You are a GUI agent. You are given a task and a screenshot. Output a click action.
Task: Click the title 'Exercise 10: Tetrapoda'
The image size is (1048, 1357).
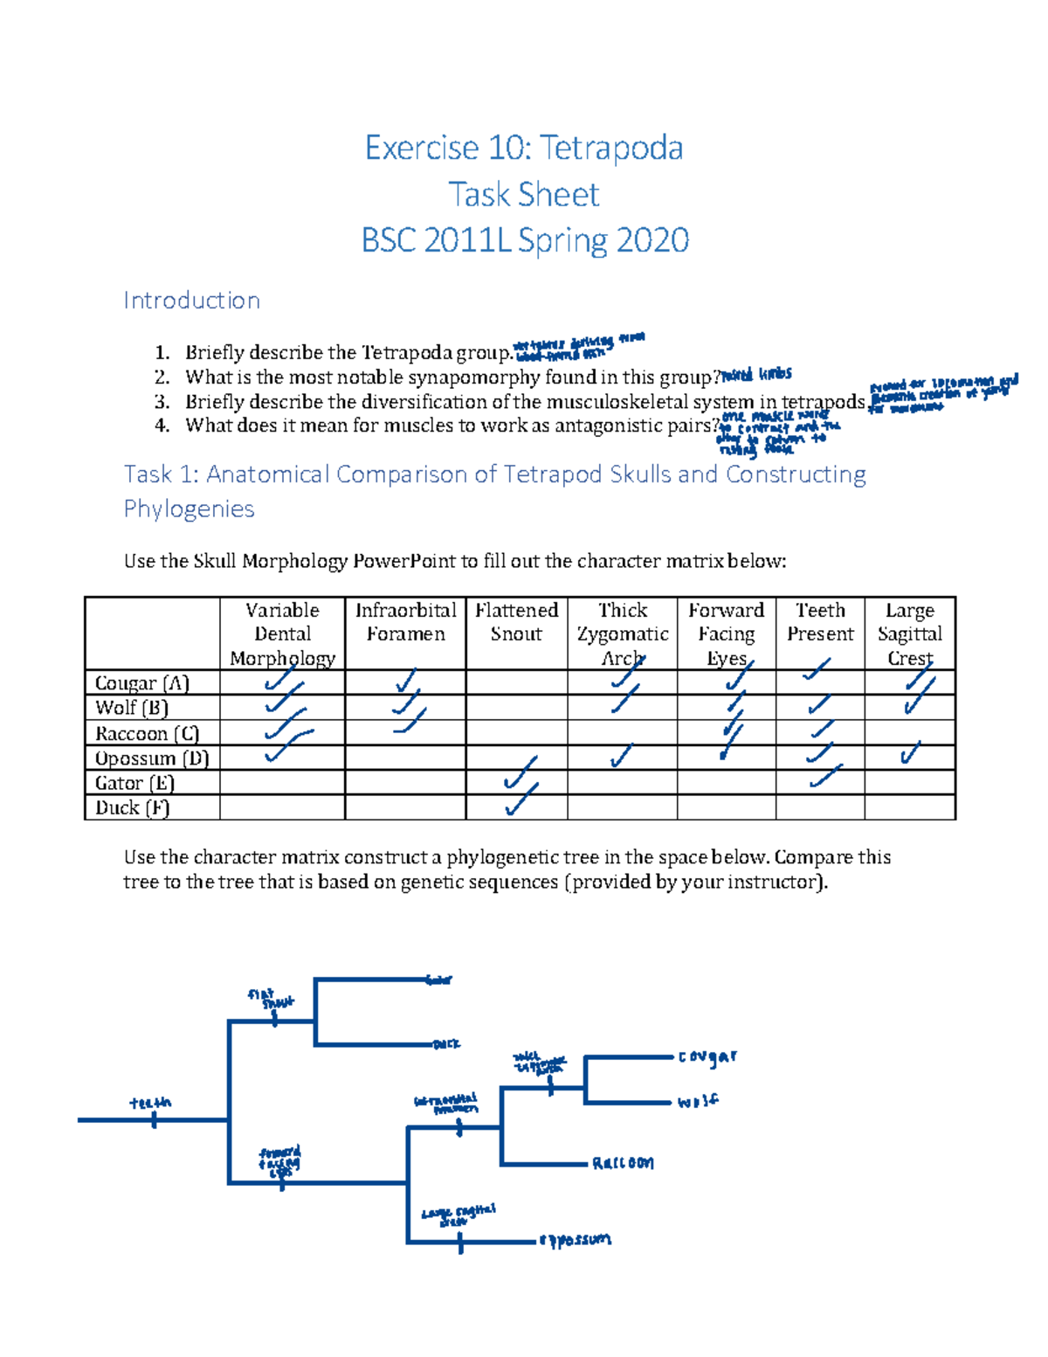click(x=523, y=148)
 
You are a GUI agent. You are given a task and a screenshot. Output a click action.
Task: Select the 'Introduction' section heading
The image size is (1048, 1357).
click(x=191, y=301)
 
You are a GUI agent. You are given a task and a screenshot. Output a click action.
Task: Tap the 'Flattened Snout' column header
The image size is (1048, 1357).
click(x=516, y=622)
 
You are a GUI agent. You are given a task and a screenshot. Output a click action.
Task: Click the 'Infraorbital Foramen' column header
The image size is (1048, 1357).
click(x=405, y=622)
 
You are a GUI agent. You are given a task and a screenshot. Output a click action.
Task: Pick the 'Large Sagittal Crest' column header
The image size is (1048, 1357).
click(x=909, y=633)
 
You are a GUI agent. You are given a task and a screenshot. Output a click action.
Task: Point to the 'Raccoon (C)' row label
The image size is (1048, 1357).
click(x=148, y=733)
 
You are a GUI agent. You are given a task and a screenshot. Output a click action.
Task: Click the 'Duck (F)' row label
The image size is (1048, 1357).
click(x=133, y=807)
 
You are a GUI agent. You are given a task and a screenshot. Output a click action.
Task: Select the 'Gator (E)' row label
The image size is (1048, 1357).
click(x=135, y=783)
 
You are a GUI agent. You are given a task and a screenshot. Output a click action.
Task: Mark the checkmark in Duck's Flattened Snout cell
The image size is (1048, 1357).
click(x=521, y=799)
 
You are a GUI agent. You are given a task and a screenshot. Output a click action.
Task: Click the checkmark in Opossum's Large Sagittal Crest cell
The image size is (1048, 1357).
click(x=910, y=752)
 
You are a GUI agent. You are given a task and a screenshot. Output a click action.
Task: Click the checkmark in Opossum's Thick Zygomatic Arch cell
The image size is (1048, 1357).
click(x=621, y=757)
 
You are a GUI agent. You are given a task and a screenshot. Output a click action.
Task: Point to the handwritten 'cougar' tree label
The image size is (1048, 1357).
click(x=707, y=1057)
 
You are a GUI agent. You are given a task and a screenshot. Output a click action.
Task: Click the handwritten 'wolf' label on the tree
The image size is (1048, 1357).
click(x=698, y=1102)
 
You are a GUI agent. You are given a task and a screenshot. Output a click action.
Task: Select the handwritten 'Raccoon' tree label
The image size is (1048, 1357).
click(x=623, y=1163)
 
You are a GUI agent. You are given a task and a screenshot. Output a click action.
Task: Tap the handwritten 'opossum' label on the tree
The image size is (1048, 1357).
click(x=576, y=1240)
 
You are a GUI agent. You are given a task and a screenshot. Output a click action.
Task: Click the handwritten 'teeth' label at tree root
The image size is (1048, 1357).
click(x=150, y=1104)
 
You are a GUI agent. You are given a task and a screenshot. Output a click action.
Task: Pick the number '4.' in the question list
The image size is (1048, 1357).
click(x=162, y=426)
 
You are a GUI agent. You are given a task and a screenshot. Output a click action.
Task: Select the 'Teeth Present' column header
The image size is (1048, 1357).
click(x=820, y=622)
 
